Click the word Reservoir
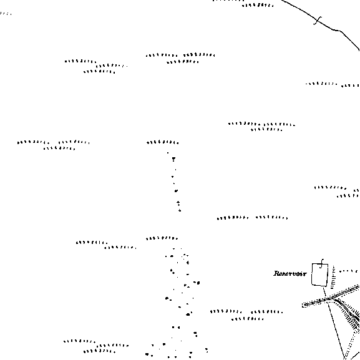point(290,273)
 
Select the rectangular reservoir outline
point(312,275)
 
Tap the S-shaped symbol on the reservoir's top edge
point(322,263)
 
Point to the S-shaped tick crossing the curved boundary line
point(318,20)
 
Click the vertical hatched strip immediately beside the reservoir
point(333,277)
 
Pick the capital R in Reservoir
point(276,273)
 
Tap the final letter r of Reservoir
point(304,274)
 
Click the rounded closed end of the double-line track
point(303,305)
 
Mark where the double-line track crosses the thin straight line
point(327,299)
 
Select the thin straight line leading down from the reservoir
point(333,321)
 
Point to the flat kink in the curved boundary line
point(337,30)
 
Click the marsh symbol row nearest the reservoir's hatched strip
point(349,271)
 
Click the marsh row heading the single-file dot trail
point(163,142)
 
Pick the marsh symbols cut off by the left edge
point(6,14)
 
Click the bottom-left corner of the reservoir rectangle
point(311,285)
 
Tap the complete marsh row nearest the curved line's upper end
point(258,5)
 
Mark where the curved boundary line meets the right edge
point(359,49)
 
